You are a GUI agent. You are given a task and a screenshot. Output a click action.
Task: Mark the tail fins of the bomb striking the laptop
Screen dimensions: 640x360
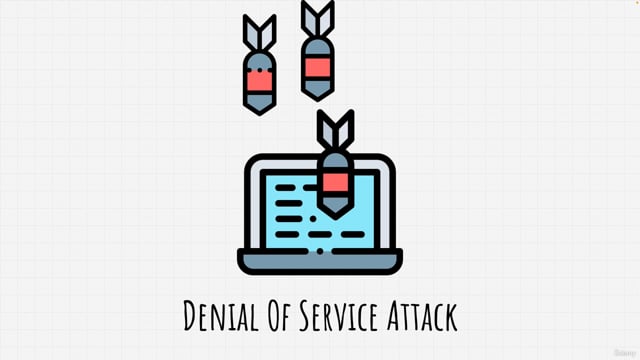coord(334,130)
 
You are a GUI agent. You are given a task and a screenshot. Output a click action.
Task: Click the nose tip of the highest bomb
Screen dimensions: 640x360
coord(317,98)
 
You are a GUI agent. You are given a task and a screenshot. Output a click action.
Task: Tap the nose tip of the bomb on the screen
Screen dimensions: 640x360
coord(335,211)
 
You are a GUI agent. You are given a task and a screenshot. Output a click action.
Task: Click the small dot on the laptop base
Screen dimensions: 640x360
coord(320,252)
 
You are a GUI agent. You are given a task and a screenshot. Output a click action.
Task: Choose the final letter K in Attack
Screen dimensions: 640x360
coord(452,317)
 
